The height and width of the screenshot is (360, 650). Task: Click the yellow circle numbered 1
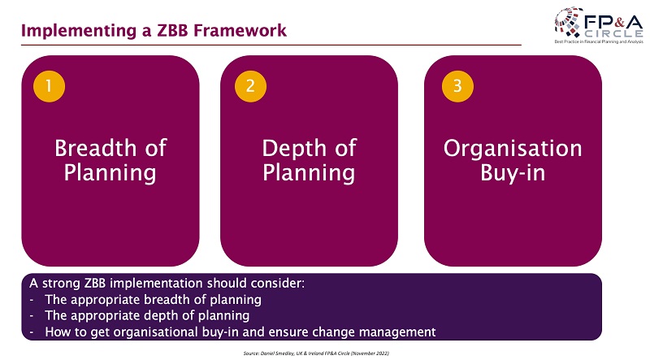[49, 86]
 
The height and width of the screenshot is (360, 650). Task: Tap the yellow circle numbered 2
[250, 86]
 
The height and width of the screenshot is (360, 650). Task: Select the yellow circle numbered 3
[457, 86]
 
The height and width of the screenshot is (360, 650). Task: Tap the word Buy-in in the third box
[513, 172]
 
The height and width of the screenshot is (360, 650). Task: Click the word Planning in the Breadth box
[110, 173]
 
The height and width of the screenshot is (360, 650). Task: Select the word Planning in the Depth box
[309, 173]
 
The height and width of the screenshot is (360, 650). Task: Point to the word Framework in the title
[240, 31]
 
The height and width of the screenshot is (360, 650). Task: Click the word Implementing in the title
[78, 32]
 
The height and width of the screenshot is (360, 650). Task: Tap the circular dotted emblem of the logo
[568, 22]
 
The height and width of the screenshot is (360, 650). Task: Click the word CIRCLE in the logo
[614, 33]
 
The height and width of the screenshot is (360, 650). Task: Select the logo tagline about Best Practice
[599, 42]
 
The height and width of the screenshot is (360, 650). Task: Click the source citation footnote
[316, 353]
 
